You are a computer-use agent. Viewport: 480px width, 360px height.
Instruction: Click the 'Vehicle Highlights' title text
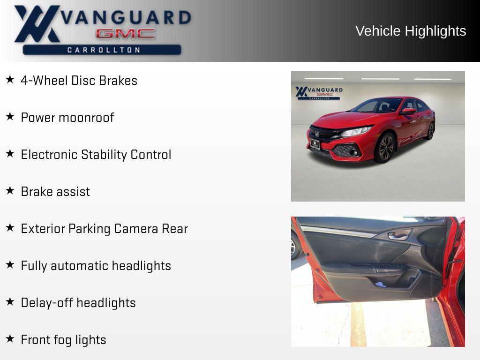[411, 31]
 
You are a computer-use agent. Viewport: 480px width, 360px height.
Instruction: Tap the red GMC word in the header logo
[125, 34]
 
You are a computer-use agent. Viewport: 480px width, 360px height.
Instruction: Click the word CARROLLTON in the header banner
[103, 50]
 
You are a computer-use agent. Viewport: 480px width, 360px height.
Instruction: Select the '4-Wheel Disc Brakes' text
[79, 81]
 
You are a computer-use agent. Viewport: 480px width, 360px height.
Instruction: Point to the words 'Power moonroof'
[67, 118]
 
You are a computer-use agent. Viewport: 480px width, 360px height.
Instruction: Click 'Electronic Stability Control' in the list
[96, 155]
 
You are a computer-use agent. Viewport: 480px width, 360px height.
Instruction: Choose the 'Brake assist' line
[55, 192]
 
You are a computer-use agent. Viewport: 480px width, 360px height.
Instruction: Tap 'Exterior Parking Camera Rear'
[104, 229]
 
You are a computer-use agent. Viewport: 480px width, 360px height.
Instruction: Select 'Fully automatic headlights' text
[96, 266]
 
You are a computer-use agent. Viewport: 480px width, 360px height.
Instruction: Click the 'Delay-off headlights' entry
[78, 303]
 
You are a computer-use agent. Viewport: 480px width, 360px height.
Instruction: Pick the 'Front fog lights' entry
[63, 340]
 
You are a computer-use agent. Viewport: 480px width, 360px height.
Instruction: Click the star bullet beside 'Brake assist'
[10, 190]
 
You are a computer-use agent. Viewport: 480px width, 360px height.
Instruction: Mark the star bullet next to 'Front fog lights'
[10, 338]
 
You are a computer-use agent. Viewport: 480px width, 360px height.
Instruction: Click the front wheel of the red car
[385, 147]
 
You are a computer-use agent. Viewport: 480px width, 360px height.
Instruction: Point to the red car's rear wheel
[430, 131]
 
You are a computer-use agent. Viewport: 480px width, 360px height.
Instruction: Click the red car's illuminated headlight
[356, 132]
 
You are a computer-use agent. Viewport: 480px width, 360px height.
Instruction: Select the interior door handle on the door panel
[398, 235]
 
